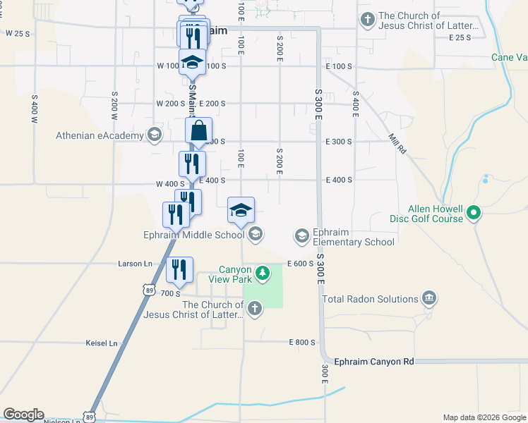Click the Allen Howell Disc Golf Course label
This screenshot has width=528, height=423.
436,214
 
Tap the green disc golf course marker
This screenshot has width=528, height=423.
475,211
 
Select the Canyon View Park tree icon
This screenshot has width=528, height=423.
263,272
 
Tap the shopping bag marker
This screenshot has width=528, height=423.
199,131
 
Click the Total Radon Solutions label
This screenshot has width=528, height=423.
371,299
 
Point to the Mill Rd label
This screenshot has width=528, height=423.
397,145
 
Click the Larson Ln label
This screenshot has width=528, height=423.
135,264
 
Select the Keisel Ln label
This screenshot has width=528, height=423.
101,343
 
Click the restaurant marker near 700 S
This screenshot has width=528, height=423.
179,269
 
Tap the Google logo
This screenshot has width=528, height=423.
23,415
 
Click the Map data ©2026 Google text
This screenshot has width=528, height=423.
484,417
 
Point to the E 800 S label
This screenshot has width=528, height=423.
301,342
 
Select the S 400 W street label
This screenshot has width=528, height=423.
33,109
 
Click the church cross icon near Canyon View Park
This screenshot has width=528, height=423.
253,307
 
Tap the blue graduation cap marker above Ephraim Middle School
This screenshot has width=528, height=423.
241,210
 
